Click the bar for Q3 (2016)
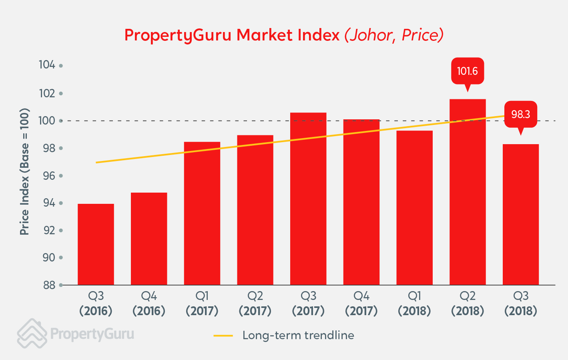(96, 244)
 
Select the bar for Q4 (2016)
(149, 239)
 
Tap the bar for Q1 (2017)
(202, 213)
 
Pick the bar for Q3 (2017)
(308, 199)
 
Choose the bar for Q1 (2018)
(414, 207)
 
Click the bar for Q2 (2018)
(468, 192)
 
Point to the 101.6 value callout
(468, 71)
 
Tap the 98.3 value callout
(520, 115)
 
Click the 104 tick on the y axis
(47, 65)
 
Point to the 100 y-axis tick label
(47, 121)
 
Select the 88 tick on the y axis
(49, 285)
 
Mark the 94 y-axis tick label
(49, 203)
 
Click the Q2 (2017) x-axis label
(255, 304)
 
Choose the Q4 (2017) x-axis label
(361, 304)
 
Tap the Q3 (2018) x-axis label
(520, 304)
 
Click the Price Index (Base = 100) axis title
(25, 171)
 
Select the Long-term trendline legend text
(298, 335)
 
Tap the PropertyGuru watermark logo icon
(32, 333)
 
